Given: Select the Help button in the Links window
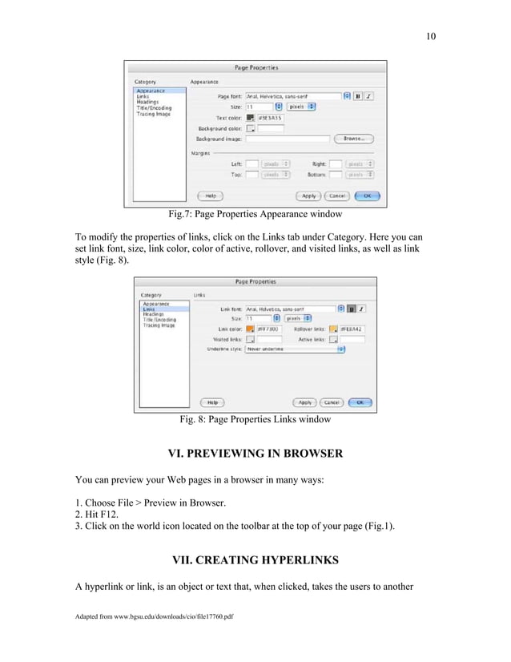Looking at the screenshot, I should pyautogui.click(x=211, y=402).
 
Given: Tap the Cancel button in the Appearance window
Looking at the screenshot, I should pyautogui.click(x=337, y=195).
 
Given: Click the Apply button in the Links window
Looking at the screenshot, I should pyautogui.click(x=304, y=402).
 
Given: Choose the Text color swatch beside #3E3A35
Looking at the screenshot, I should pyautogui.click(x=251, y=117).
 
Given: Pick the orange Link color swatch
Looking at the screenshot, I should pyautogui.click(x=251, y=329).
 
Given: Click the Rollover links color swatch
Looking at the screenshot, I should pyautogui.click(x=334, y=329).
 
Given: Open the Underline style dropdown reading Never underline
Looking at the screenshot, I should pyautogui.click(x=295, y=349).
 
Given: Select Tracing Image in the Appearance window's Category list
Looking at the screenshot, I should pyautogui.click(x=152, y=114).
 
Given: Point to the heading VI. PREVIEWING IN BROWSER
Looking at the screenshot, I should pyautogui.click(x=255, y=454).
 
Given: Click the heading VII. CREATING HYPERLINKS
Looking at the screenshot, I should pyautogui.click(x=255, y=559).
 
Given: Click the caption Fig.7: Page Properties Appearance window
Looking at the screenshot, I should pyautogui.click(x=255, y=215).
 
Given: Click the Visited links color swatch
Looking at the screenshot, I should pyautogui.click(x=251, y=339).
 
